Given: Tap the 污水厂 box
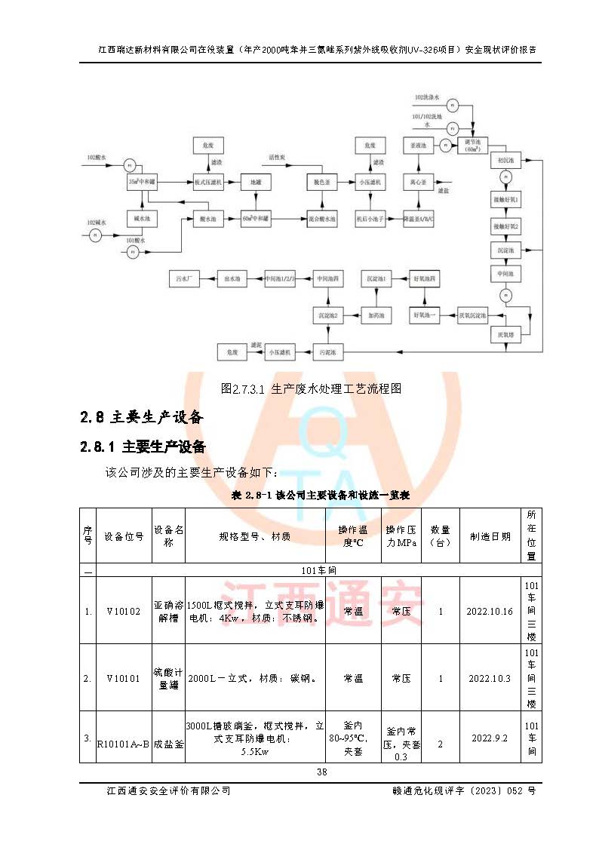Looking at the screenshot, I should point(184,279).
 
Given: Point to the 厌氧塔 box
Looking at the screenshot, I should point(503,333).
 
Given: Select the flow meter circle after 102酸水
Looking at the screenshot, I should point(128,164).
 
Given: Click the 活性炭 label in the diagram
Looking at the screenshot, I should point(277,158).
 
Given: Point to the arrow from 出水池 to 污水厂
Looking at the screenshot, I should point(208,279).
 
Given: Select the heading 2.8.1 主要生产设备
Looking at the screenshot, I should point(143,446).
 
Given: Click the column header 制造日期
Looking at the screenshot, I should point(490,536).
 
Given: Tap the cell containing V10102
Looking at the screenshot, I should point(124,611).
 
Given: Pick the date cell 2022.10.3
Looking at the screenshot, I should point(490,678).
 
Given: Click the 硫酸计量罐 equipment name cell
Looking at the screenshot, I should point(168,678).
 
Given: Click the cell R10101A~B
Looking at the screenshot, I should point(124,743).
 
